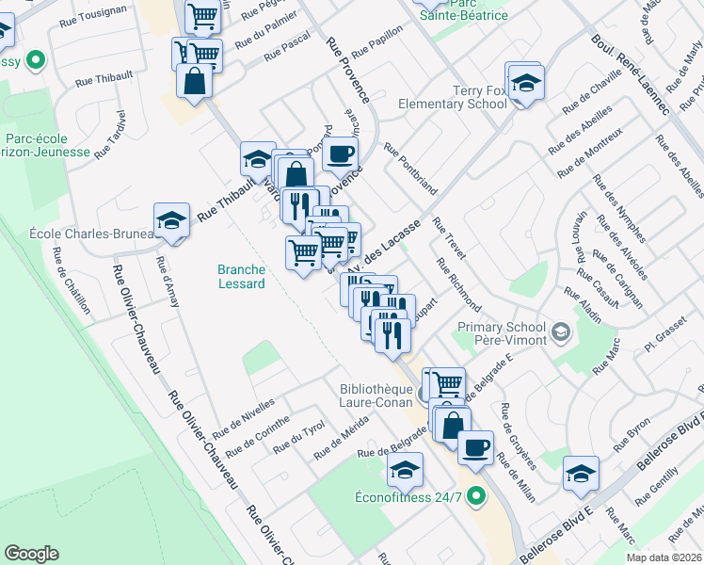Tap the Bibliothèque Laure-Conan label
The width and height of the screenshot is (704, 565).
point(376,395)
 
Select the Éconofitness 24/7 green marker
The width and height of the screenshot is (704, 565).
point(475,494)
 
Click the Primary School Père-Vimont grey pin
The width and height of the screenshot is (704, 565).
point(561,331)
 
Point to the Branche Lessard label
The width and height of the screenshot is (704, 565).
point(240,275)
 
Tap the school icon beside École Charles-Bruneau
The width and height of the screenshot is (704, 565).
point(170,221)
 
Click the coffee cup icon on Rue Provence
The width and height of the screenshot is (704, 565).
point(340,153)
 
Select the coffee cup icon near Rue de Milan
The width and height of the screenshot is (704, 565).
point(476,446)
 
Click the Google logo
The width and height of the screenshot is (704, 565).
point(31,554)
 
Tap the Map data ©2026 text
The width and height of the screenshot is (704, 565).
point(664,557)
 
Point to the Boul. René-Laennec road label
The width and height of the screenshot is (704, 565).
point(630,75)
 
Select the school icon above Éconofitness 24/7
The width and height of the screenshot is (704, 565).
point(406,470)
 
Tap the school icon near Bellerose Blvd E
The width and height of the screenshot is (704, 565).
point(581,475)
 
